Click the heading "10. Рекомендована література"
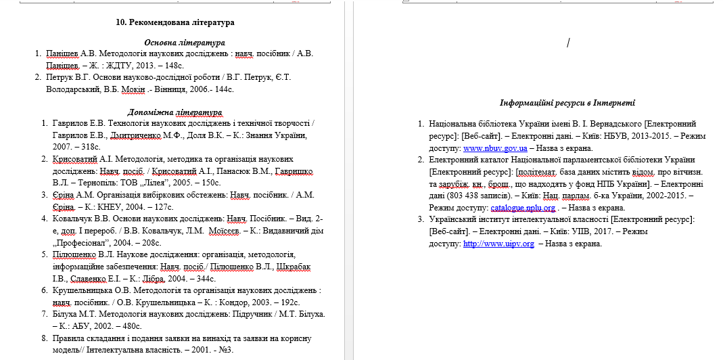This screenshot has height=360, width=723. click(175, 22)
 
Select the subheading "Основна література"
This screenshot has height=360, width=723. click(175, 43)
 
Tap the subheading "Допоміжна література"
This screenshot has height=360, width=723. click(175, 112)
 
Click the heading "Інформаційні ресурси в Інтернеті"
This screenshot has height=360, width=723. click(567, 103)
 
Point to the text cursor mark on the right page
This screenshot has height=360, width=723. click(568, 43)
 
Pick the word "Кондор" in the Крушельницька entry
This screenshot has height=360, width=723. click(237, 302)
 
